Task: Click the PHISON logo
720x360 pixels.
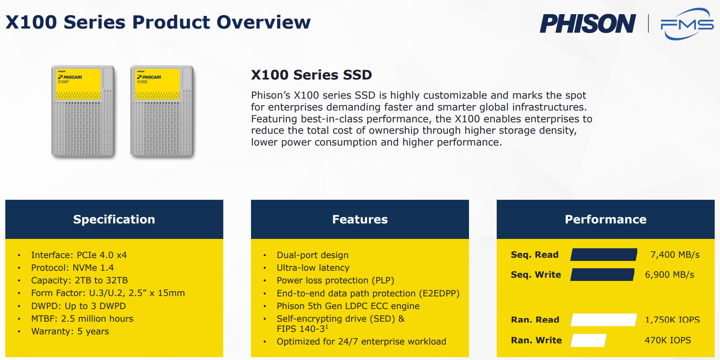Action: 588,24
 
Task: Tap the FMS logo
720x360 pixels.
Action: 687,24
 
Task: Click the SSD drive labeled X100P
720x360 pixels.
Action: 83,111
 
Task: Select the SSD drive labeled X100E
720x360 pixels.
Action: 162,111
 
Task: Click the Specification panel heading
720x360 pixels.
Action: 114,219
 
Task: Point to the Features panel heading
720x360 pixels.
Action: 360,219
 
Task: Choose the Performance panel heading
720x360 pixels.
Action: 606,219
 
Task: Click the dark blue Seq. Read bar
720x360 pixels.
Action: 604,254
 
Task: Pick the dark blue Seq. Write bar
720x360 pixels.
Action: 602,274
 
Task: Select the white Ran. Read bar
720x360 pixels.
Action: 604,320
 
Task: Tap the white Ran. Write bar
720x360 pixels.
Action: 588,340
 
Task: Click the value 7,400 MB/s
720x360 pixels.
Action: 675,255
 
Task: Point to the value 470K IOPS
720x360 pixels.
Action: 668,340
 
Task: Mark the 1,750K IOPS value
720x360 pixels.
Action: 672,320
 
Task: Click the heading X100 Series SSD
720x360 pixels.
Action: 311,75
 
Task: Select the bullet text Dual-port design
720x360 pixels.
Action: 313,255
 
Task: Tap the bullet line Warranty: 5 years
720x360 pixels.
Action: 70,331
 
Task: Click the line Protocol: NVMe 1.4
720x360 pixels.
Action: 73,268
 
